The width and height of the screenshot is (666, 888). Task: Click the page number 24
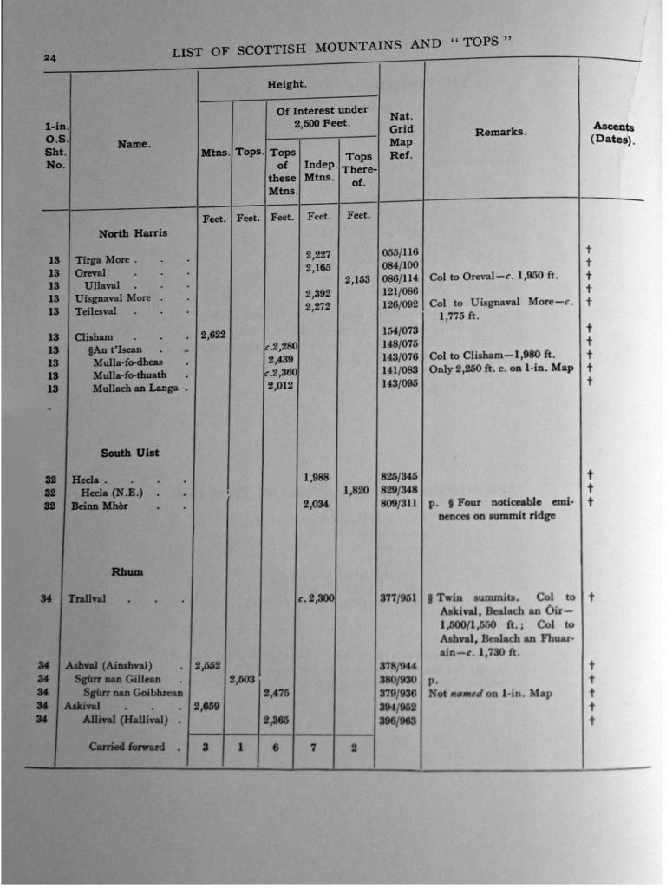click(x=50, y=58)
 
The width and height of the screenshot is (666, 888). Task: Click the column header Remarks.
click(x=500, y=133)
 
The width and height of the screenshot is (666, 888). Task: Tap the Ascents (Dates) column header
click(x=613, y=133)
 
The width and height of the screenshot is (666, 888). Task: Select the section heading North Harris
click(x=133, y=233)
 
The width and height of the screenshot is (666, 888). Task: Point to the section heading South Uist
click(x=130, y=453)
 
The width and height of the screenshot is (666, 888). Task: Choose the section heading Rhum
click(x=127, y=571)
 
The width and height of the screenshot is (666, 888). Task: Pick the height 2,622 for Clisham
click(x=212, y=335)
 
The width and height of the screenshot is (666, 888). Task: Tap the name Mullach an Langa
click(x=134, y=388)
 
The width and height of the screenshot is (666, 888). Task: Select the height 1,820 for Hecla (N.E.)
click(x=356, y=490)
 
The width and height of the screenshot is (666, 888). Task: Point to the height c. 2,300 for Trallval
click(x=316, y=597)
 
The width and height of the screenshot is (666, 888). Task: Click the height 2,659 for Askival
click(x=208, y=706)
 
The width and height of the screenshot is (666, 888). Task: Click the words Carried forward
click(x=127, y=746)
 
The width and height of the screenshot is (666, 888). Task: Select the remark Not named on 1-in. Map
click(x=490, y=694)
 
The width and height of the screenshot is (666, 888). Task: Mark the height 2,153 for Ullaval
click(x=357, y=279)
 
